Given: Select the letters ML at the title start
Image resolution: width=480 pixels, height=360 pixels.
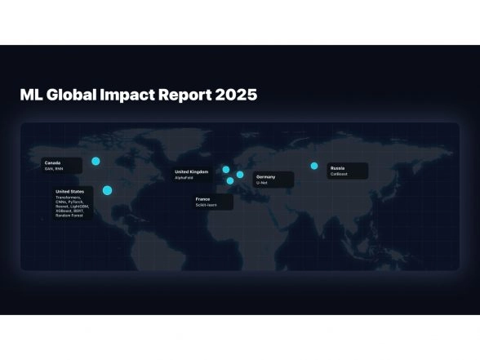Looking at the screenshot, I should tap(30, 95).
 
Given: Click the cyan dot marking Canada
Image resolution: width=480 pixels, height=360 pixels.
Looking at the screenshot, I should tap(96, 162).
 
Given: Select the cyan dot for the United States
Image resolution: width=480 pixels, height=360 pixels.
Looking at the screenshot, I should tap(107, 190).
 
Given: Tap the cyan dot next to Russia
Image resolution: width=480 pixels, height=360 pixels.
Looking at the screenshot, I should tap(314, 166).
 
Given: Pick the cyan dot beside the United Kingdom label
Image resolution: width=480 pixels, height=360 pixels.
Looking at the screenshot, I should tap(226, 170).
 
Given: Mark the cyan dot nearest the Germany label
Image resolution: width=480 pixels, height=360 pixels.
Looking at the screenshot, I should tap(240, 175).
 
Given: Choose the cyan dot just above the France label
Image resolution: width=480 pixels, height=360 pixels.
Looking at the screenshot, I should tap(230, 181).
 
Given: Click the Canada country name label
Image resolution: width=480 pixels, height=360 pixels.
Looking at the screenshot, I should tap(53, 162).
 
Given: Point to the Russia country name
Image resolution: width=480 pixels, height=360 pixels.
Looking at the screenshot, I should tap(337, 167).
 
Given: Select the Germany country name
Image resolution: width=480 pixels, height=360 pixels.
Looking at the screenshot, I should tap(265, 176).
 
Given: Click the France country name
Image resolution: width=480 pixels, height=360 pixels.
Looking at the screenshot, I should tap(202, 198).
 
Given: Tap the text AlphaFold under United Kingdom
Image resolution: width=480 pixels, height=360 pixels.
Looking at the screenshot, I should tap(184, 177).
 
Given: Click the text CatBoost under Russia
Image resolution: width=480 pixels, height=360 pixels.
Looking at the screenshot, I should tap(340, 174).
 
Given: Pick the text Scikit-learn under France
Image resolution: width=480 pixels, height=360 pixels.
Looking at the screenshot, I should tap(205, 205).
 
